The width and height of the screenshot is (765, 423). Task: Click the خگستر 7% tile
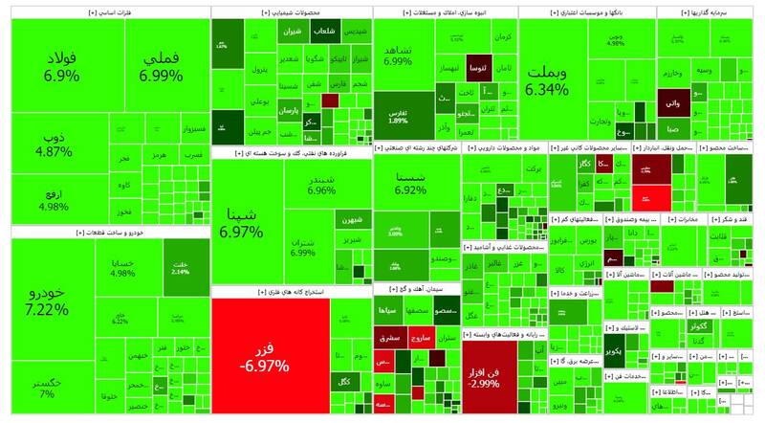click(x=47, y=387)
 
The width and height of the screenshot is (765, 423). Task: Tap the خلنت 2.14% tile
click(x=181, y=267)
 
